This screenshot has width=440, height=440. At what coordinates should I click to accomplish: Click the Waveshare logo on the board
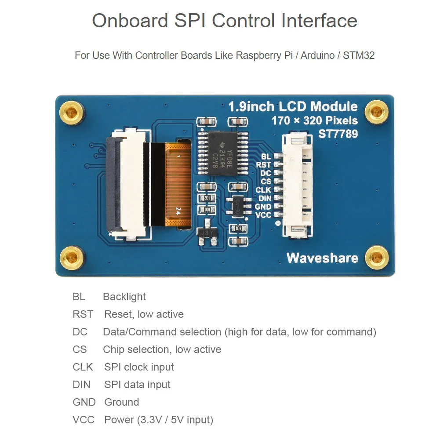(x=322, y=258)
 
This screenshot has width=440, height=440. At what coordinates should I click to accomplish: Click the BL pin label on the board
(x=266, y=156)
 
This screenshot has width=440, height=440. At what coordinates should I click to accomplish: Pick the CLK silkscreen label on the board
(x=263, y=190)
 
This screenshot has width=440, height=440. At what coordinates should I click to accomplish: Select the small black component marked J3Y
(x=205, y=233)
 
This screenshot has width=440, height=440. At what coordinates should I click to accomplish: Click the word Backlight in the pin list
(x=124, y=297)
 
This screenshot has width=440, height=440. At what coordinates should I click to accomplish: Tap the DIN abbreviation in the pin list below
(x=81, y=385)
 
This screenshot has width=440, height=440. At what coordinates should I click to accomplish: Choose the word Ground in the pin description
(x=121, y=402)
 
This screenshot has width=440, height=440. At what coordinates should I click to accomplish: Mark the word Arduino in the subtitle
(x=316, y=56)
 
